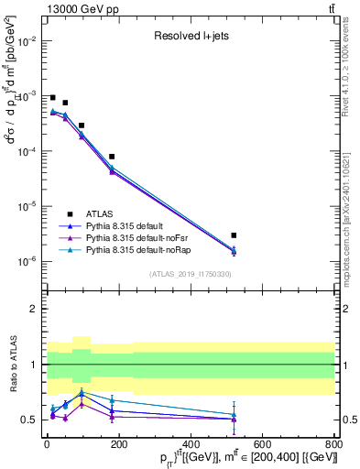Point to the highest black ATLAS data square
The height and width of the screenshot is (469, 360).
coord(53,97)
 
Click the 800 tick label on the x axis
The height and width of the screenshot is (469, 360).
coord(334,444)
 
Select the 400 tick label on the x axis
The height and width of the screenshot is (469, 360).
coord(191,444)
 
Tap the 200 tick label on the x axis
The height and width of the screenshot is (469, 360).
coord(118,444)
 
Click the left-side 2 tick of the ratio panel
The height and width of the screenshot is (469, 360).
coord(35,309)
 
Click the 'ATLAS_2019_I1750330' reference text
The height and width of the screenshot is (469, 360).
coord(190,274)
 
